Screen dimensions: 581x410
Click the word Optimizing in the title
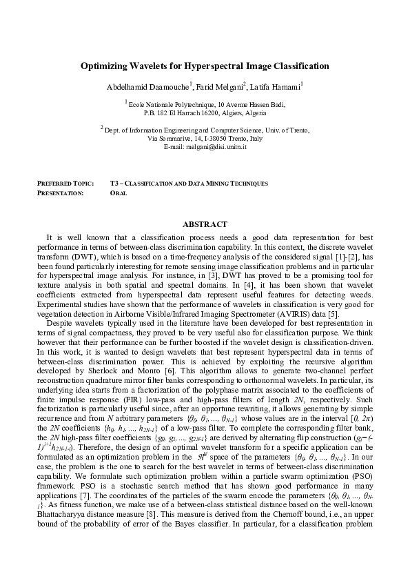click(x=105, y=66)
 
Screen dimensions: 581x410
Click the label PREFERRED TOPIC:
click(x=65, y=184)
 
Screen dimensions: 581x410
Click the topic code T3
click(x=114, y=184)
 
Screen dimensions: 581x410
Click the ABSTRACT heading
click(x=204, y=224)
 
